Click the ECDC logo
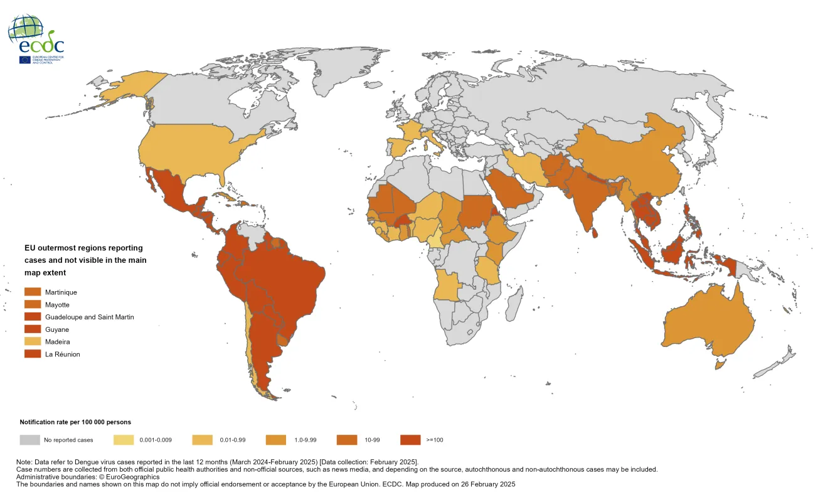tap(36, 39)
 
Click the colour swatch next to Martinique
tap(33, 292)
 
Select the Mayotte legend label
tap(57, 305)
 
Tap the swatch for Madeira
tap(33, 342)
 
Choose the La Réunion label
tap(62, 354)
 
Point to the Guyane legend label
tap(57, 329)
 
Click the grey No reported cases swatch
tap(29, 440)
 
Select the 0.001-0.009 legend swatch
tap(124, 440)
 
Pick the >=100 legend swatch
tap(410, 440)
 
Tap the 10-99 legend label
tap(371, 440)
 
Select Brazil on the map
tap(289, 276)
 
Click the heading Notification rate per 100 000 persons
tap(75, 422)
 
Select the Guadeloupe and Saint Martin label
tap(89, 317)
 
